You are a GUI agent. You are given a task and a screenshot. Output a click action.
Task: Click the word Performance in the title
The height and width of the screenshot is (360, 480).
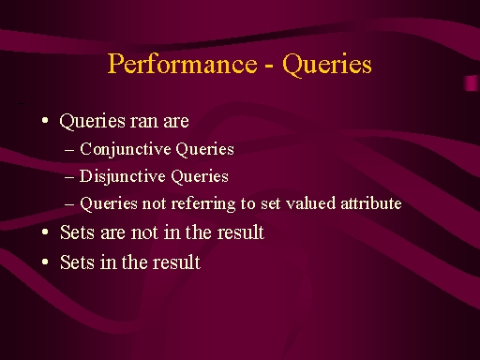[x=183, y=64]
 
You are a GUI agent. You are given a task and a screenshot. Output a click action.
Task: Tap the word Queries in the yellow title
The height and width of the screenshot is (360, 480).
[x=327, y=65]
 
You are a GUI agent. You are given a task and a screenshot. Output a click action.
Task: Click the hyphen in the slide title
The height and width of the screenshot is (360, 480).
[x=270, y=67]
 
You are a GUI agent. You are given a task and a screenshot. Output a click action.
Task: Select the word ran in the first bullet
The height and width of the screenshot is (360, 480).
[x=144, y=121]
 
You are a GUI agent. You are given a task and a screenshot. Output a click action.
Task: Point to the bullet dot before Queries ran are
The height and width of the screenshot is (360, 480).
[x=45, y=120]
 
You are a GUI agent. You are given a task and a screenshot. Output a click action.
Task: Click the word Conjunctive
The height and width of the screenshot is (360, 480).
[x=126, y=149]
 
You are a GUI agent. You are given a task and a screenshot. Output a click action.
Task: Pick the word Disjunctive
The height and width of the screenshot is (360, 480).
[x=122, y=177]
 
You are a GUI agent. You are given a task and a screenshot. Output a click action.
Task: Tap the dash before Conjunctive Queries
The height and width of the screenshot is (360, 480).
[x=69, y=150]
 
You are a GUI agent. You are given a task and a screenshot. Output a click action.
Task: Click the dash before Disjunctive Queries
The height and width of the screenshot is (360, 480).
[x=69, y=177]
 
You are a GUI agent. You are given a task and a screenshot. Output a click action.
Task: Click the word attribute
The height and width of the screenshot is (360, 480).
[x=371, y=203]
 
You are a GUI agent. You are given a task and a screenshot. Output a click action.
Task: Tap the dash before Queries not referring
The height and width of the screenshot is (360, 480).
[x=69, y=204]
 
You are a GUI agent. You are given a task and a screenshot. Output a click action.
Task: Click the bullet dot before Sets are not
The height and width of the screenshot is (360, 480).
[x=45, y=232]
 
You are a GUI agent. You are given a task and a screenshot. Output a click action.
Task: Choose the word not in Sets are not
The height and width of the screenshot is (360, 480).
[x=144, y=233]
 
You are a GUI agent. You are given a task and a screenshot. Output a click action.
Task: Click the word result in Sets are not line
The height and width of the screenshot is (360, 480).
[x=241, y=232]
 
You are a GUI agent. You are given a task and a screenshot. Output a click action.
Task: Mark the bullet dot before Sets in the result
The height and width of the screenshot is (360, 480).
[x=45, y=262]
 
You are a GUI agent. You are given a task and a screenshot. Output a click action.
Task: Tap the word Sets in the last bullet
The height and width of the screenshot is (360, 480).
[x=77, y=262]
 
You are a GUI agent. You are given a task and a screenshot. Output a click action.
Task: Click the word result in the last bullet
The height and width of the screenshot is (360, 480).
[x=176, y=262]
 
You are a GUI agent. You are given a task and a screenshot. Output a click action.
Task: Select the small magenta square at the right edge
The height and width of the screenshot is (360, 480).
[x=472, y=83]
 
